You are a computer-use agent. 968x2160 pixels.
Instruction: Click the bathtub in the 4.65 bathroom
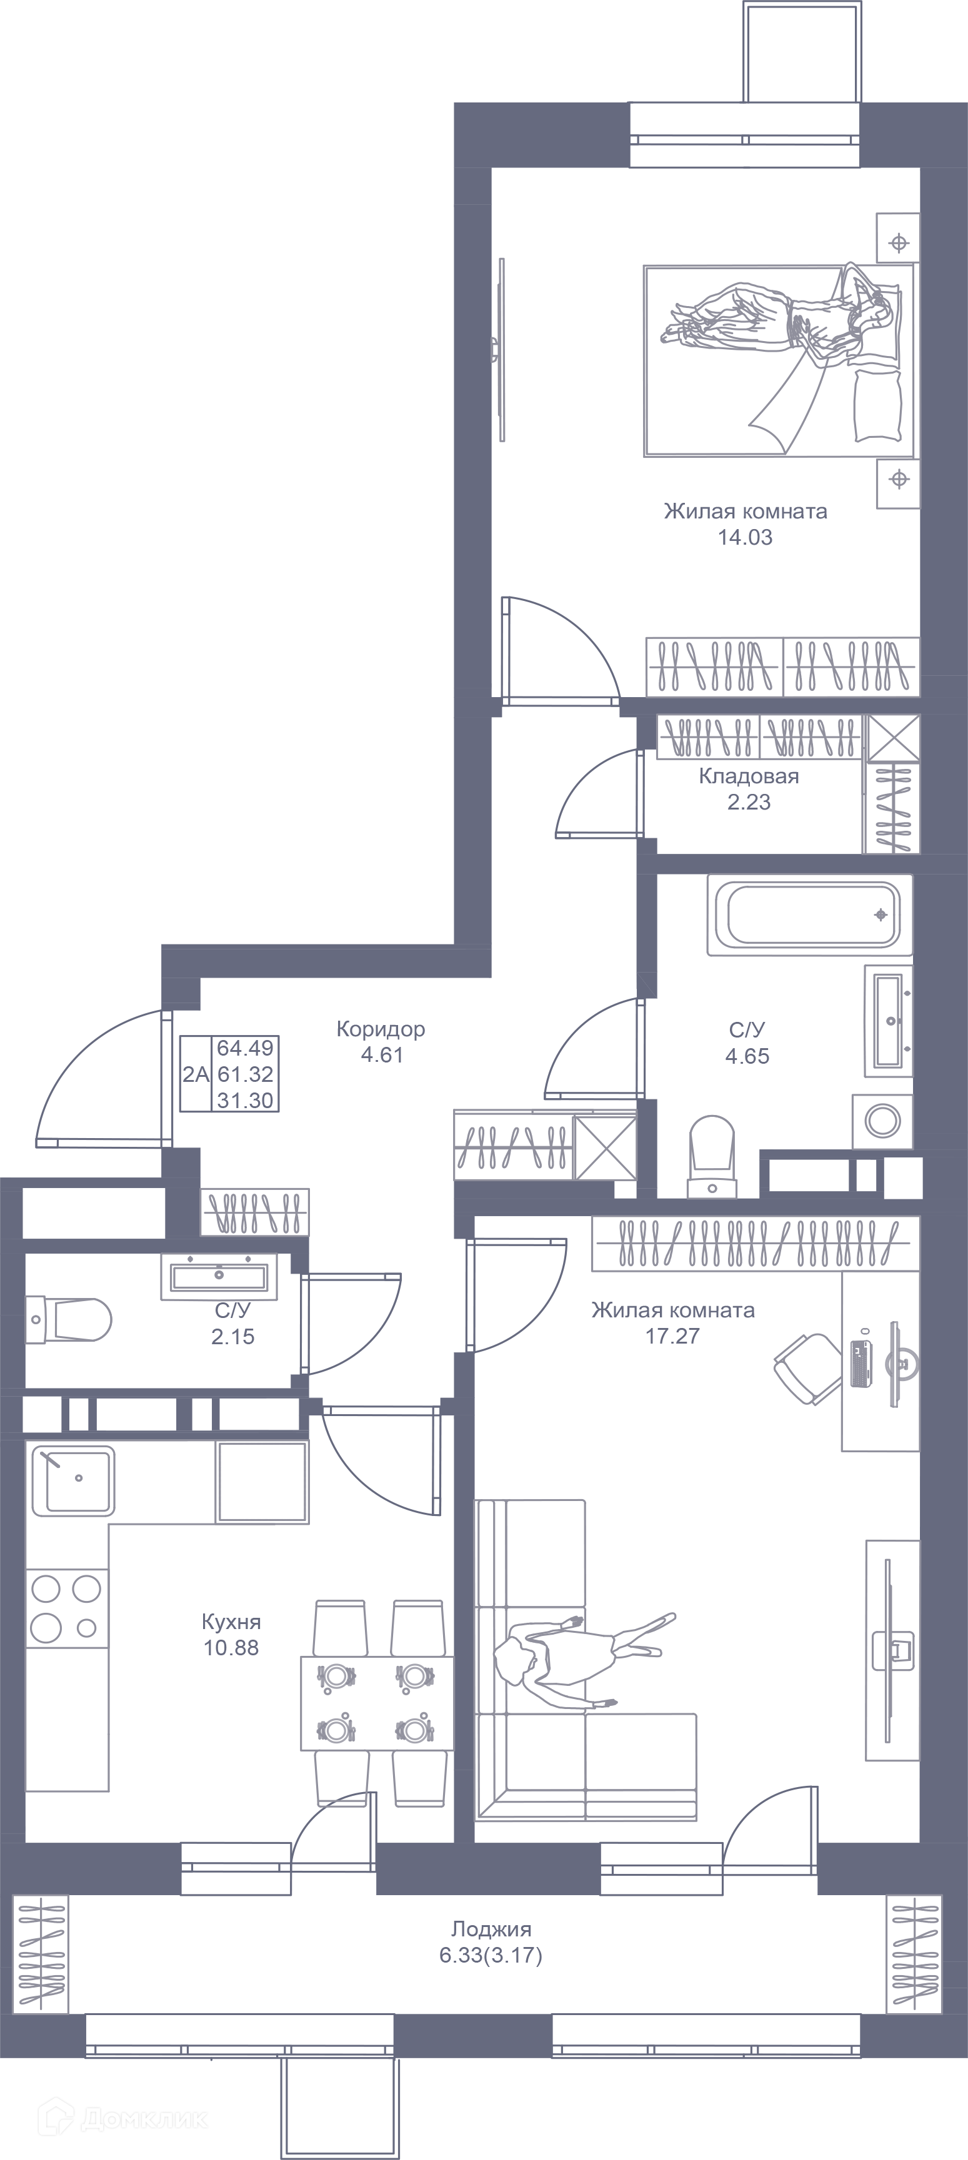click(809, 915)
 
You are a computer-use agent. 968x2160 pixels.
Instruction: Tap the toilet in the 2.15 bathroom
click(69, 1319)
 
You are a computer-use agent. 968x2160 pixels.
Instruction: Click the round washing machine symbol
click(882, 1120)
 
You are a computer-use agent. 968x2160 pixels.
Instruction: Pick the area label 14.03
click(745, 537)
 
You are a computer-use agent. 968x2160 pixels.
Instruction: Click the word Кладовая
click(748, 776)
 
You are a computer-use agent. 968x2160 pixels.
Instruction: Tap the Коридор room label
click(381, 1029)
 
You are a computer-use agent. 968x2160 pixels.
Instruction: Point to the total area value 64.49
click(245, 1048)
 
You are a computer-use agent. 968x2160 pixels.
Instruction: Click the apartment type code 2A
click(196, 1074)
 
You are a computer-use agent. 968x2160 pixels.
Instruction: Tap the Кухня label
click(231, 1622)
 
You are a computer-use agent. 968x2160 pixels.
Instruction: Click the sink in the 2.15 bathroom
click(219, 1276)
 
